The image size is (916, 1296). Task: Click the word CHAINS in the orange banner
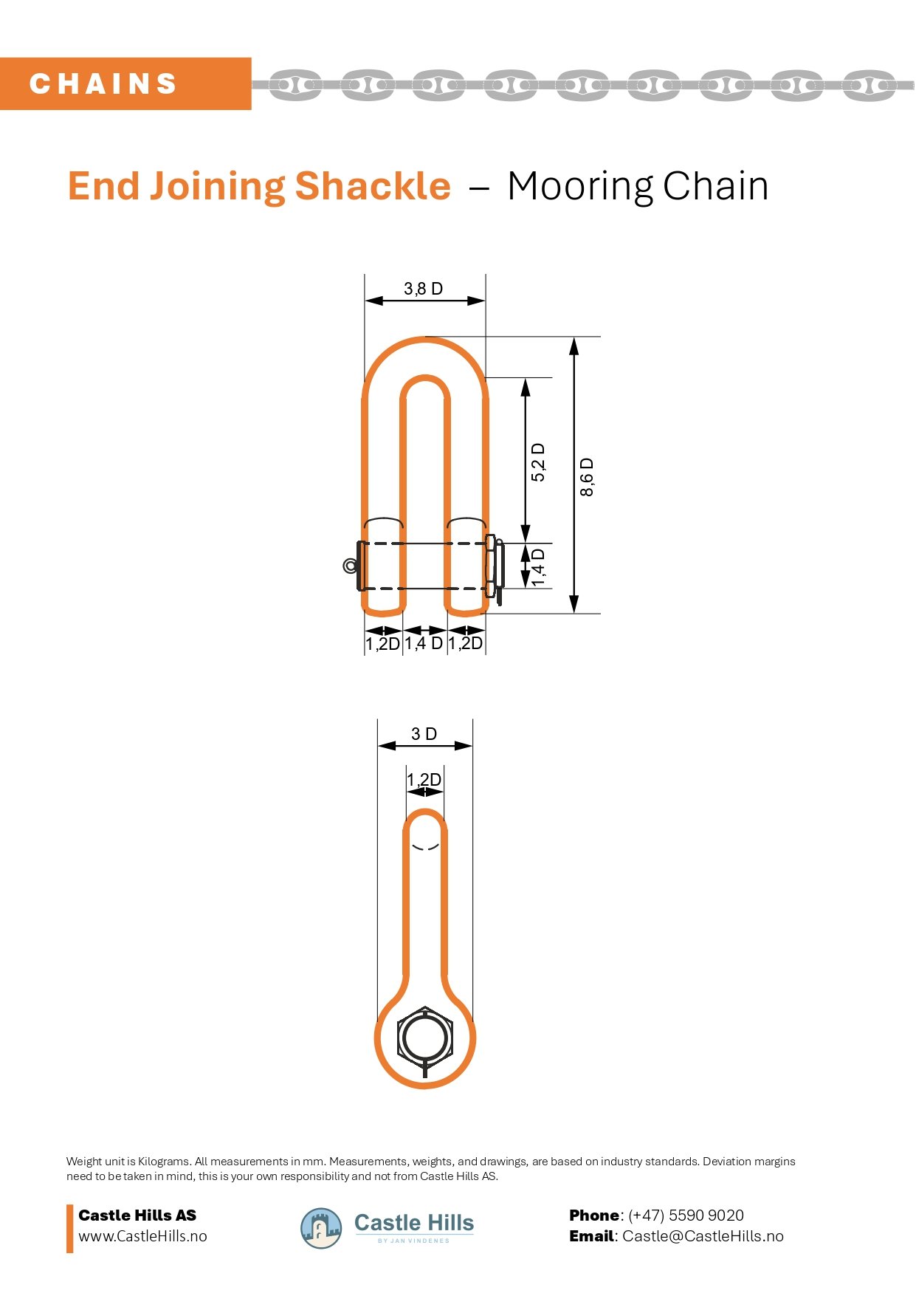click(x=103, y=84)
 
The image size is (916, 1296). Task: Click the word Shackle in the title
click(x=373, y=186)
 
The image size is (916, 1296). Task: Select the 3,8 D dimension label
click(x=423, y=289)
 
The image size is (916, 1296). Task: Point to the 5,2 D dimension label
click(x=538, y=462)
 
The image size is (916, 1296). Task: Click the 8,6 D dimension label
click(x=587, y=477)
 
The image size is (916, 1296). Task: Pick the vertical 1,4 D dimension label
click(x=538, y=567)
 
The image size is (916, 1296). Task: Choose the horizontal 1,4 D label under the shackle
click(x=424, y=643)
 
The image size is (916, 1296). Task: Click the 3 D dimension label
click(x=424, y=734)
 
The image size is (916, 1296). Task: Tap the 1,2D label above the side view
click(x=424, y=780)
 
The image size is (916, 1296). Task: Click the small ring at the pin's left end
click(x=350, y=566)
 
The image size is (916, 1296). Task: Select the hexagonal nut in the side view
click(x=424, y=1038)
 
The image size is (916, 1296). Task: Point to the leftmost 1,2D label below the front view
click(x=382, y=643)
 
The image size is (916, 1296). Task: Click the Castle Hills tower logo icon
click(x=321, y=1228)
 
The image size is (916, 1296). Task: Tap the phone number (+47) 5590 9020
click(x=686, y=1215)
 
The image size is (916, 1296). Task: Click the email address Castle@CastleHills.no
click(x=703, y=1236)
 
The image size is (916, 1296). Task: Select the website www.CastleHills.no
click(x=142, y=1236)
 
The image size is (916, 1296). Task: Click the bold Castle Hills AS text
click(x=137, y=1215)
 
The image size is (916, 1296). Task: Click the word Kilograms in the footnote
click(x=164, y=1161)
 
